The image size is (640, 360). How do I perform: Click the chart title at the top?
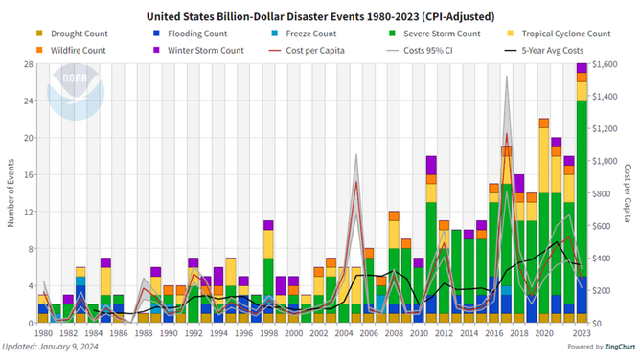pyautogui.click(x=320, y=16)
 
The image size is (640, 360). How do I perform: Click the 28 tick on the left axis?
pyautogui.click(x=28, y=64)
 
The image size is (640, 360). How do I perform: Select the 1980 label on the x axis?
pyautogui.click(x=42, y=333)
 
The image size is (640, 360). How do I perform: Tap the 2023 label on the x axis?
pyautogui.click(x=581, y=333)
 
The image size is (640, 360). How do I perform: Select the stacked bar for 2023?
pyautogui.click(x=581, y=191)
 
